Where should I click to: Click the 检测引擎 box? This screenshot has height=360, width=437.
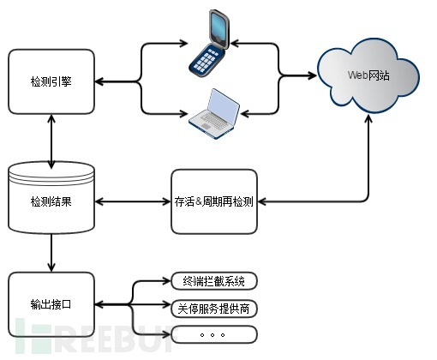(51, 82)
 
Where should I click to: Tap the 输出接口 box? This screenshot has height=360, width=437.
(51, 303)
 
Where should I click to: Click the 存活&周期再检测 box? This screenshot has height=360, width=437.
(214, 202)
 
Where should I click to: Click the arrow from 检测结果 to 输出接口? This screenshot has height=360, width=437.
(51, 253)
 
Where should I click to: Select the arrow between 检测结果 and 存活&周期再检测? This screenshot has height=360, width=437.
(132, 202)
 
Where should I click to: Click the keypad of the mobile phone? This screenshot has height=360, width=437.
(207, 59)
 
